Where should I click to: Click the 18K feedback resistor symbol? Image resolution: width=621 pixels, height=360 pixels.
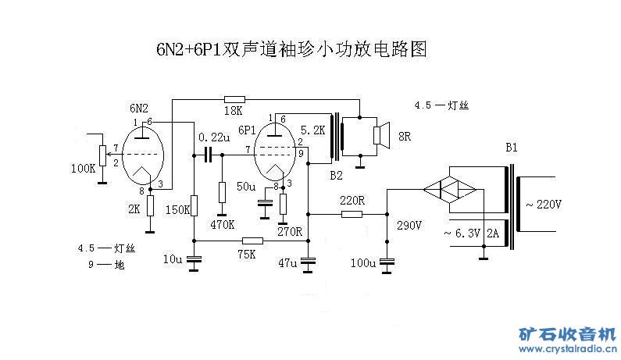[234, 99]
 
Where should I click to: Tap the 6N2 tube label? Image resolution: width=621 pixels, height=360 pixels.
[140, 107]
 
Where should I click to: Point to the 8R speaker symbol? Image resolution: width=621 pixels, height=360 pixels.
[380, 136]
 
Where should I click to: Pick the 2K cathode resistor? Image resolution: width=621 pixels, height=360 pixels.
[150, 206]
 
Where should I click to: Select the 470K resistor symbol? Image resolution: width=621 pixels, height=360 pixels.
[222, 192]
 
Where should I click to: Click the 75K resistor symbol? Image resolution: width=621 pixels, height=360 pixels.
[252, 241]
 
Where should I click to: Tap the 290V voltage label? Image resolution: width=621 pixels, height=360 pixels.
[409, 226]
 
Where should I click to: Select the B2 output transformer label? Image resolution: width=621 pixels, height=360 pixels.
[336, 175]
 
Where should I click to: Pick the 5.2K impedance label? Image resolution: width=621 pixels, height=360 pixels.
[312, 130]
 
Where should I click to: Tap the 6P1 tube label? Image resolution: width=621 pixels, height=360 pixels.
[248, 130]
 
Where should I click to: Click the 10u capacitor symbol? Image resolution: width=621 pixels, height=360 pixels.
[195, 259]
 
